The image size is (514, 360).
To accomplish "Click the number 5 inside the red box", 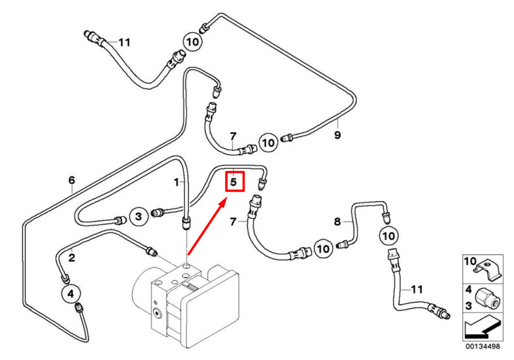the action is pyautogui.click(x=233, y=182).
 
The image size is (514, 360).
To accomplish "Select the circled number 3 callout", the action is pyautogui.click(x=139, y=217).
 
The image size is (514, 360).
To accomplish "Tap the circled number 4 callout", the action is pyautogui.click(x=71, y=294).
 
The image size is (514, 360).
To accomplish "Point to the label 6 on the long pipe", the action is pyautogui.click(x=72, y=180).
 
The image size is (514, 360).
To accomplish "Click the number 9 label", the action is pyautogui.click(x=338, y=135).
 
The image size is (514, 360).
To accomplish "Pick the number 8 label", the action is pyautogui.click(x=338, y=222).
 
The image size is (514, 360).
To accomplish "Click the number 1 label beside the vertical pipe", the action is pyautogui.click(x=176, y=182).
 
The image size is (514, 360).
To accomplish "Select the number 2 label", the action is pyautogui.click(x=72, y=257).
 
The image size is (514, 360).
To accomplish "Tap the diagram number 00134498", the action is pyautogui.click(x=483, y=346).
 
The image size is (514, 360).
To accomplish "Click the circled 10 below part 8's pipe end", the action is pyautogui.click(x=389, y=236).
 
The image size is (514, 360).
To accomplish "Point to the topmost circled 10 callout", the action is pyautogui.click(x=192, y=42).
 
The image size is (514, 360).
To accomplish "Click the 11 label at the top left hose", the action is pyautogui.click(x=124, y=42).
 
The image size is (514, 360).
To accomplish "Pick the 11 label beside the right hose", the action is pyautogui.click(x=417, y=289).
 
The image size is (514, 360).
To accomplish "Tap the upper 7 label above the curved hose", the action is pyautogui.click(x=233, y=136).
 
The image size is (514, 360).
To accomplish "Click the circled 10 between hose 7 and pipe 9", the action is pyautogui.click(x=268, y=142).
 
